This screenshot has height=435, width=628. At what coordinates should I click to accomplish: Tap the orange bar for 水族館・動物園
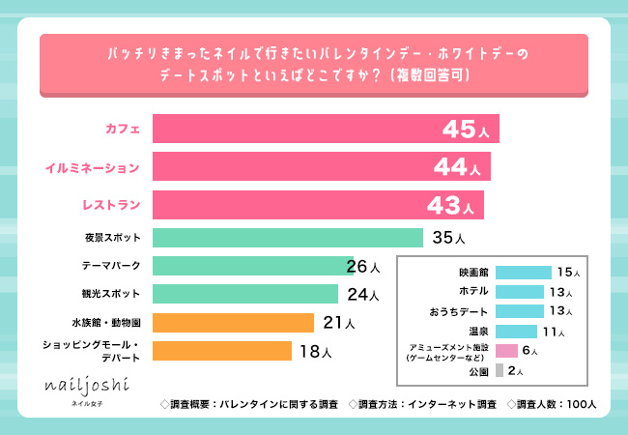tap(233, 322)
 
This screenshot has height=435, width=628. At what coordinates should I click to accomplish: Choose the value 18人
tap(315, 352)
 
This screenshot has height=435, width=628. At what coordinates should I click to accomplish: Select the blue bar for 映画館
tap(523, 273)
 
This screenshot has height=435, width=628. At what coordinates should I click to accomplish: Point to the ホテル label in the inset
tap(472, 292)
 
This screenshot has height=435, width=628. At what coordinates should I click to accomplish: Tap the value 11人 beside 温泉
tap(553, 332)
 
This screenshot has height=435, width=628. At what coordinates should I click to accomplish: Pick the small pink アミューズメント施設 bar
tap(506, 351)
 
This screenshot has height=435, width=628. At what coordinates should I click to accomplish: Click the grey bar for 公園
tap(499, 370)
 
